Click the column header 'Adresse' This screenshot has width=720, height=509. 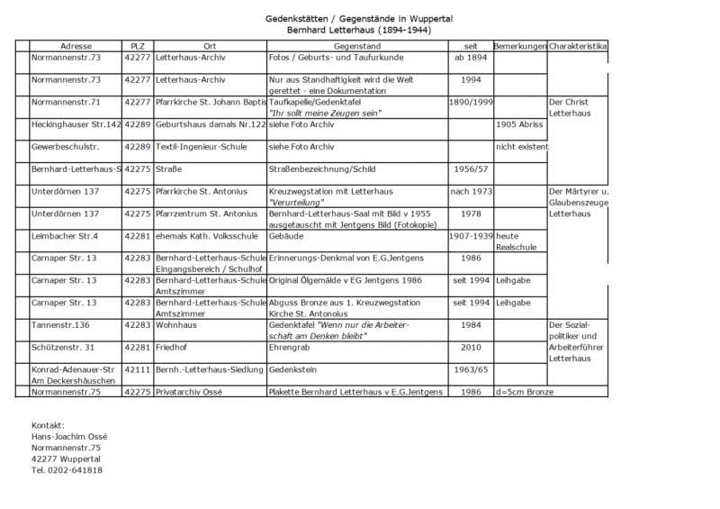point(76,46)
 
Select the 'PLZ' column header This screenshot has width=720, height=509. point(137,46)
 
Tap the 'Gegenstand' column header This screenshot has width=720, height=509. point(357,46)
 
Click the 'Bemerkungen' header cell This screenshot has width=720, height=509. point(520,46)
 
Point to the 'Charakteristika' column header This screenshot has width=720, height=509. point(578,46)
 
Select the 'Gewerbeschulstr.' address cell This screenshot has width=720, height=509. point(65,146)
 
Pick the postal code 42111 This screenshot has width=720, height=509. point(137,369)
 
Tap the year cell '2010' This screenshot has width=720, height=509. point(471,347)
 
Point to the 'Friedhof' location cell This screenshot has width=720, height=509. point(175,347)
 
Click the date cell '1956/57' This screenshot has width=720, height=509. point(471,168)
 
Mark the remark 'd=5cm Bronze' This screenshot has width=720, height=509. point(525,392)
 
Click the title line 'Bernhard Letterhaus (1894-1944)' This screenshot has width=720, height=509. point(359,30)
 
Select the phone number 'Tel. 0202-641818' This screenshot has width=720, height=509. point(67,470)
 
